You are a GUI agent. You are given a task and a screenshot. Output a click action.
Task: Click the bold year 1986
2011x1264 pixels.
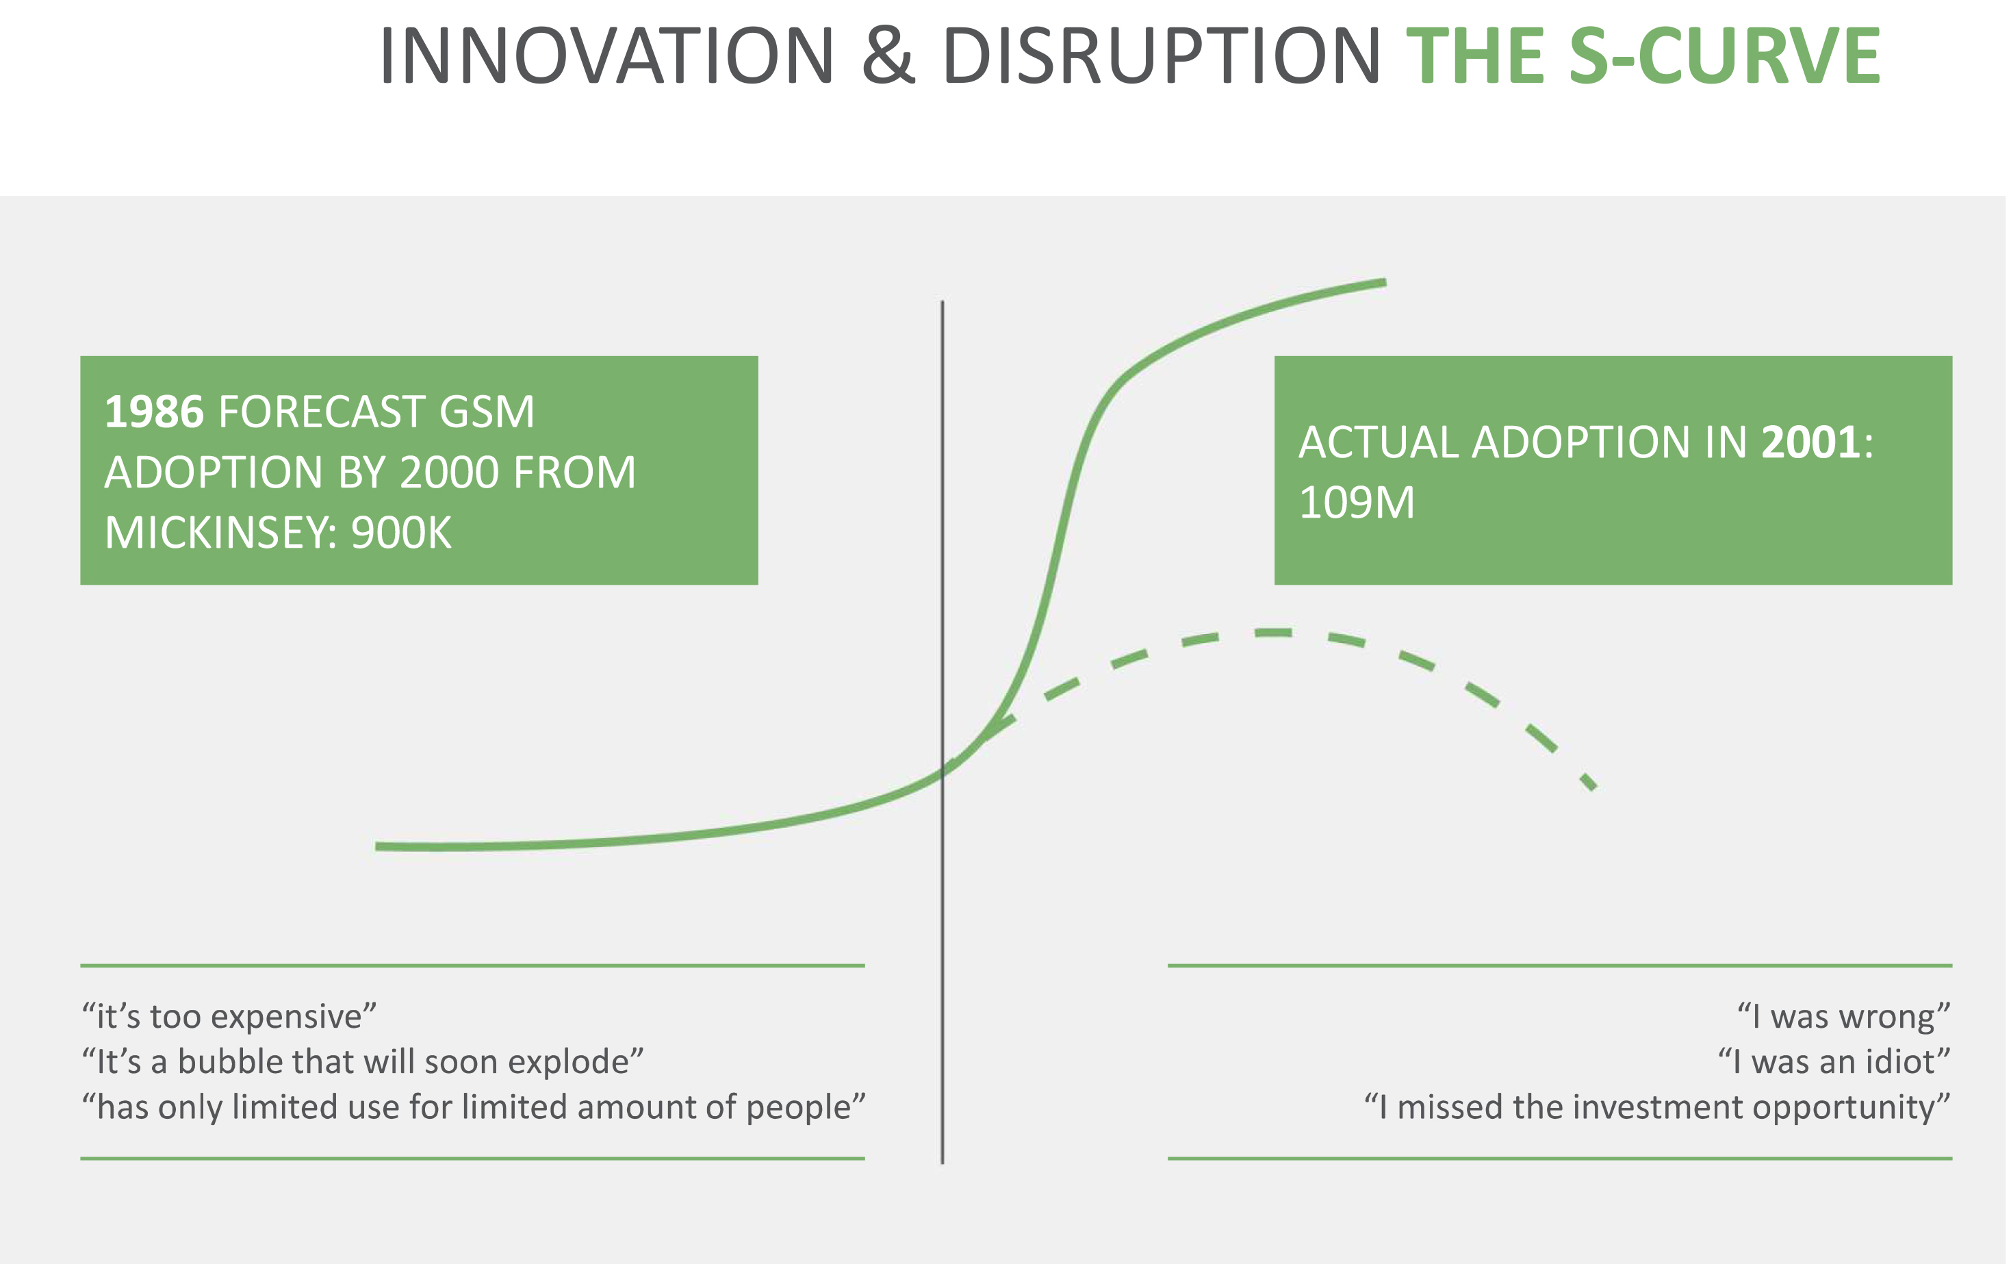tap(153, 412)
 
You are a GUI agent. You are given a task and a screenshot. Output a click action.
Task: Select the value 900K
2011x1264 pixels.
tap(401, 532)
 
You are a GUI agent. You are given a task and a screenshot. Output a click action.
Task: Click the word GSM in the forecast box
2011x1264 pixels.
tap(486, 412)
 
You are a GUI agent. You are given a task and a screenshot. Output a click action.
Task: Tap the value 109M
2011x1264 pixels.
tap(1356, 503)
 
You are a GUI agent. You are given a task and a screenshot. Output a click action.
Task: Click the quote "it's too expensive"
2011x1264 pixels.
tap(229, 1017)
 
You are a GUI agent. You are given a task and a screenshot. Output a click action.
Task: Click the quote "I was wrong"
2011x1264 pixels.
tap(1843, 1017)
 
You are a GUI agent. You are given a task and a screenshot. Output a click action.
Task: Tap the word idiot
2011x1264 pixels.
tap(1901, 1062)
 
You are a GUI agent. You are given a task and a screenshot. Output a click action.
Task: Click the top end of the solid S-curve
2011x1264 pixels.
tap(1385, 282)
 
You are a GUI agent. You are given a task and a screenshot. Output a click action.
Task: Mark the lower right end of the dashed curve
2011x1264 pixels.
tap(1594, 787)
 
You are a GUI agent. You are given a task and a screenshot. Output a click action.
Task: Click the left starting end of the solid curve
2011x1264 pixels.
tap(376, 846)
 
